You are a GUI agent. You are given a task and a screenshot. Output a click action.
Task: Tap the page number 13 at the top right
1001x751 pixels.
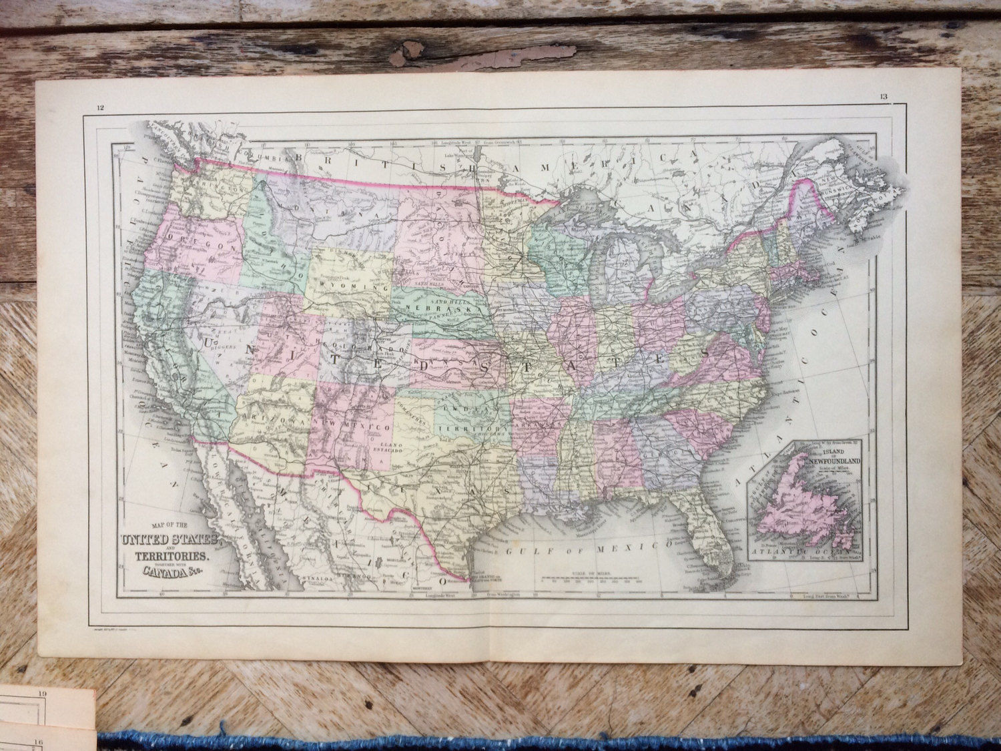coord(883,98)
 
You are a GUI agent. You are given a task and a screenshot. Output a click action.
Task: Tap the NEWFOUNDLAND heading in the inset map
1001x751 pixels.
coord(833,461)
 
